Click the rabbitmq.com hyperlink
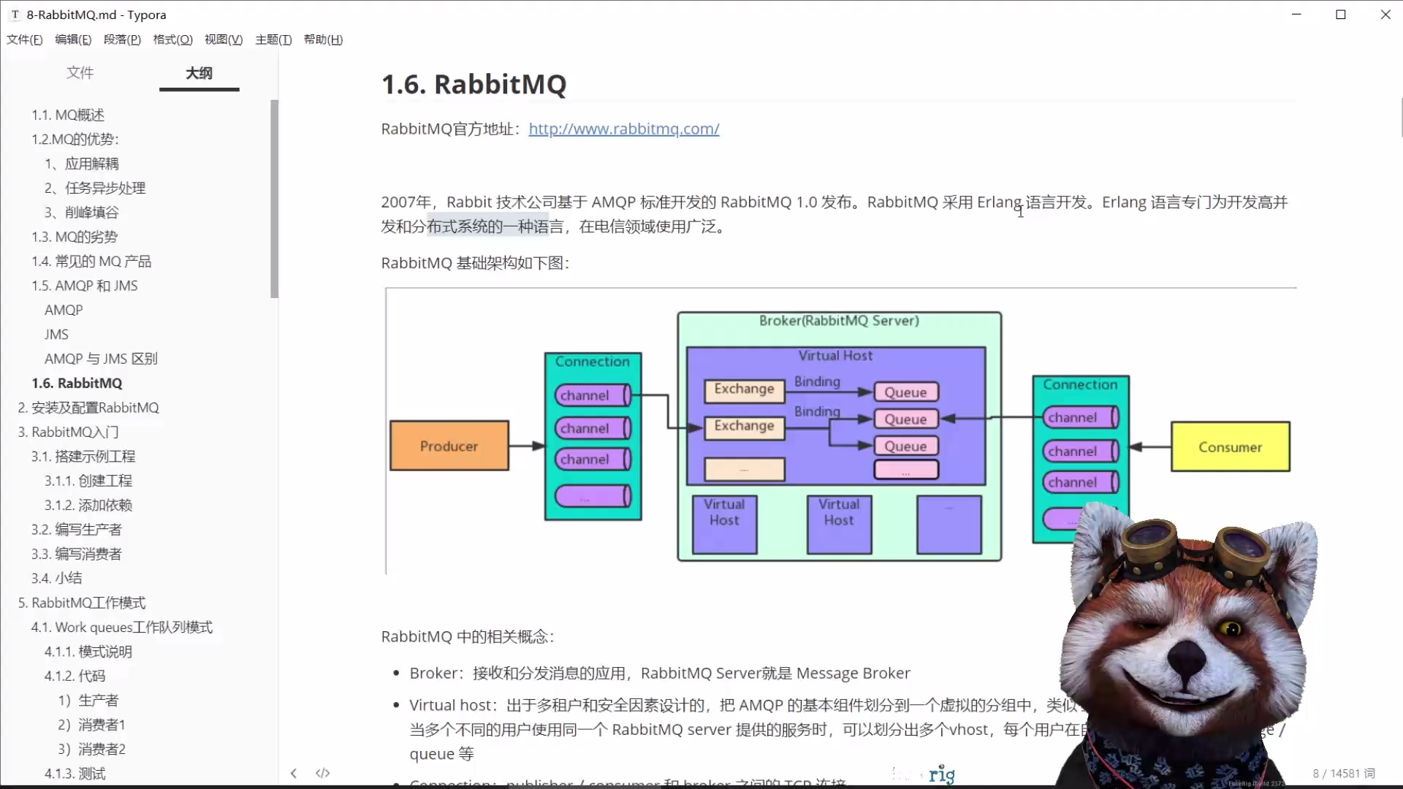(x=623, y=129)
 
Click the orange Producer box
(x=449, y=446)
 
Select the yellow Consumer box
(x=1230, y=447)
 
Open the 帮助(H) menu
(x=323, y=39)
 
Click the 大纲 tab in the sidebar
(x=199, y=73)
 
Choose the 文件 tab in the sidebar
(x=80, y=73)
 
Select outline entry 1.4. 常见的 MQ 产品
(x=91, y=262)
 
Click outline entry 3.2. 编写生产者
(x=76, y=530)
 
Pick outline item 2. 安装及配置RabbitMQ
(x=88, y=408)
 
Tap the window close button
(x=1385, y=15)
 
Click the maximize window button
(x=1341, y=15)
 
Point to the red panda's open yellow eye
(x=1231, y=629)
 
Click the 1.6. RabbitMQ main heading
(x=474, y=85)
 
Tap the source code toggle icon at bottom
(x=322, y=773)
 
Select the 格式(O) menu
(x=172, y=39)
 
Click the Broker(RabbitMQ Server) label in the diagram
(x=839, y=321)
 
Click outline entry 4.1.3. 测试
(x=75, y=774)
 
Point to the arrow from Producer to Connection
(x=526, y=446)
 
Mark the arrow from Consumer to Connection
(x=1150, y=447)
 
